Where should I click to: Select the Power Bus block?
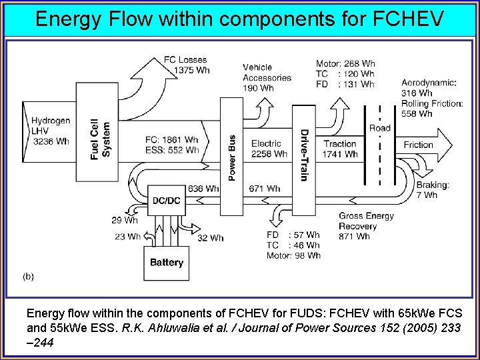pyautogui.click(x=231, y=157)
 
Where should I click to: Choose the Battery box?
pyautogui.click(x=166, y=263)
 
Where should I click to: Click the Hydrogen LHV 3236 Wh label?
pyautogui.click(x=50, y=131)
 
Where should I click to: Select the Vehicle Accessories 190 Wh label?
pyautogui.click(x=267, y=77)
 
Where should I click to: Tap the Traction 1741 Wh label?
pyautogui.click(x=341, y=149)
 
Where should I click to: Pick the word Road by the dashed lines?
pyautogui.click(x=379, y=128)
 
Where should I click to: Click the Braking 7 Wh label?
pyautogui.click(x=432, y=190)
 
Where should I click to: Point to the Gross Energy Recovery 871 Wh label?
pyautogui.click(x=365, y=226)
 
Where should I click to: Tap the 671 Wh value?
pyautogui.click(x=264, y=189)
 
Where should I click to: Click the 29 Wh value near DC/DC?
pyautogui.click(x=125, y=220)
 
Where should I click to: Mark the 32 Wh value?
pyautogui.click(x=210, y=238)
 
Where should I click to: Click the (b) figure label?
pyautogui.click(x=29, y=275)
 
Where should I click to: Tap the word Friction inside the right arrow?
pyautogui.click(x=418, y=145)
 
